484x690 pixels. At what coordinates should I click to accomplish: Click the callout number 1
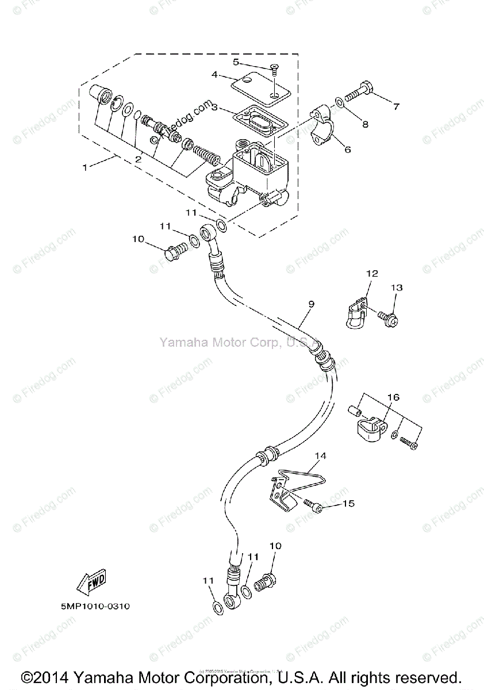(x=86, y=168)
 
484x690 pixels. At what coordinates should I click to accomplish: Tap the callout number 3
(x=214, y=107)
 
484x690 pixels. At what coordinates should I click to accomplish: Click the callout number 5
(x=236, y=62)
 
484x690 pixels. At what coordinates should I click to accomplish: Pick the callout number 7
(x=395, y=106)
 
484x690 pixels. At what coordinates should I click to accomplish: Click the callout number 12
(x=371, y=274)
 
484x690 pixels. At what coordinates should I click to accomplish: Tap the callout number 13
(x=398, y=287)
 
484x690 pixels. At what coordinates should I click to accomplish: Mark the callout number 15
(x=348, y=504)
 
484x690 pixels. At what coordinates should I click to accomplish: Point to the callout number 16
(x=393, y=397)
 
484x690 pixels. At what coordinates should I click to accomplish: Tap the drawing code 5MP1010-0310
(x=94, y=605)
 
